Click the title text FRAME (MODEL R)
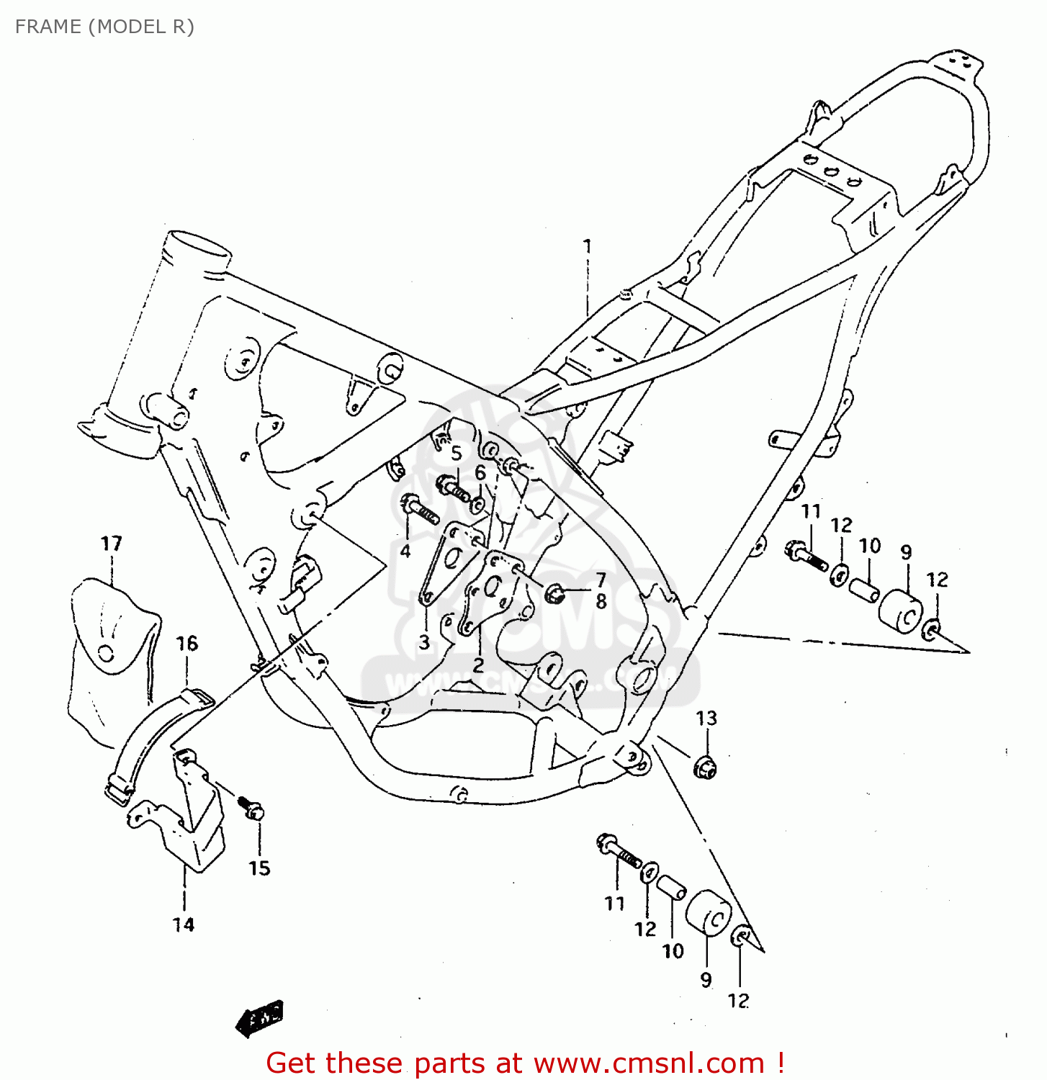coord(104,27)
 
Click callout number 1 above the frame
coord(587,246)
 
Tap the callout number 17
coord(111,544)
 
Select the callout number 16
coord(187,643)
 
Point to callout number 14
coord(183,924)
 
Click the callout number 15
coord(259,868)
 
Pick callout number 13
coord(706,718)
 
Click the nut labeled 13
coord(706,768)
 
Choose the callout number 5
coord(456,454)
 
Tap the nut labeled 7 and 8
coord(554,594)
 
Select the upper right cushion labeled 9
coord(901,613)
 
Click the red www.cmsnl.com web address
coord(648,1063)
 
